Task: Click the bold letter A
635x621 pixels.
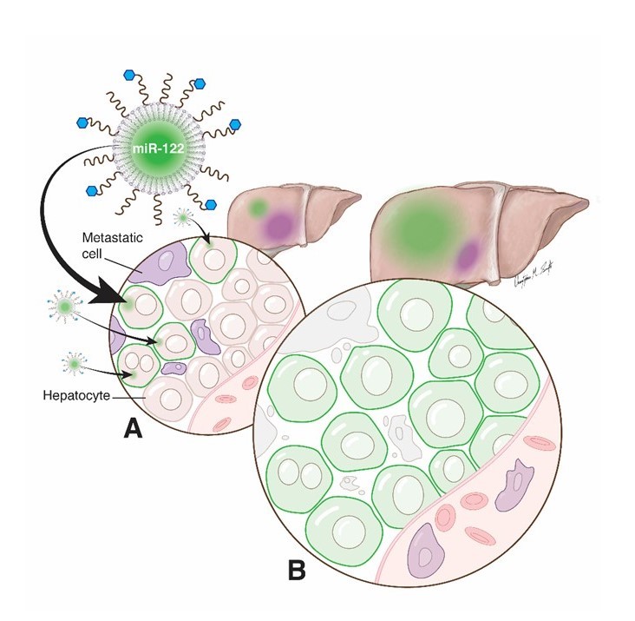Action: (x=132, y=428)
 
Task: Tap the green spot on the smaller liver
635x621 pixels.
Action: (x=258, y=209)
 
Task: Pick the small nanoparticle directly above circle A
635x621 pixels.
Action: (x=184, y=217)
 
